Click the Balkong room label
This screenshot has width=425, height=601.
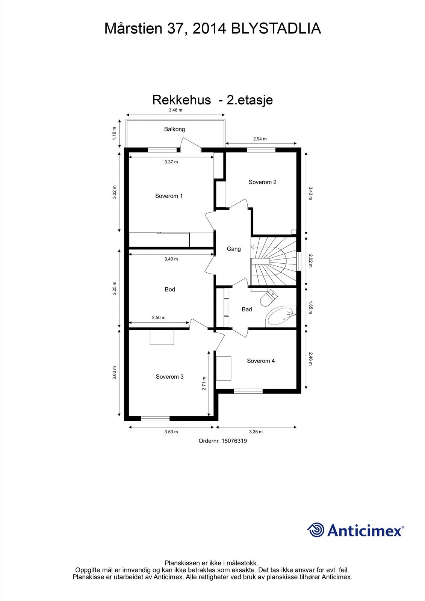174,129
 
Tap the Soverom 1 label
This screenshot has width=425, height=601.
169,196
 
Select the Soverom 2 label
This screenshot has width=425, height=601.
262,182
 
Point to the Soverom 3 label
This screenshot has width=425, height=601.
169,377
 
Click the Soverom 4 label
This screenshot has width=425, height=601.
260,361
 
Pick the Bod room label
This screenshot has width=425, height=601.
170,290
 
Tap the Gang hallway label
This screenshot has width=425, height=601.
233,249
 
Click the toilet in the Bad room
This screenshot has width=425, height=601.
268,298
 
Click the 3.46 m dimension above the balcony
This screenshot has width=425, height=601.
175,110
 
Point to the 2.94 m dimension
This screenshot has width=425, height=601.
260,139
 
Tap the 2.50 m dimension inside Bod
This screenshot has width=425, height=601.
159,318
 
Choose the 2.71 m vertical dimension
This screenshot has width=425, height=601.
204,384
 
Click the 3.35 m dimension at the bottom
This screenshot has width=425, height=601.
256,432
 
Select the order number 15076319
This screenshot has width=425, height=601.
222,441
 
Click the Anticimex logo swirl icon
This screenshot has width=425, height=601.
316,530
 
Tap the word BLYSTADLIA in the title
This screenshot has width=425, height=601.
276,29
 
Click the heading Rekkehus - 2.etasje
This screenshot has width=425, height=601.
212,100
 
